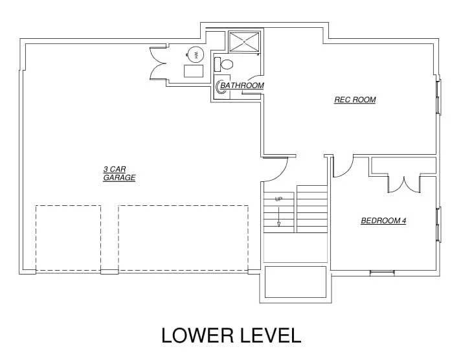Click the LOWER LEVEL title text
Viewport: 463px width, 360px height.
pos(231,335)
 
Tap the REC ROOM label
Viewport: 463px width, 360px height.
pos(355,100)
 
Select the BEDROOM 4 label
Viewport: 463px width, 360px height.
pos(383,221)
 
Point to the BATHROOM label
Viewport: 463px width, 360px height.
pos(242,85)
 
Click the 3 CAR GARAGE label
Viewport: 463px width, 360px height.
pos(119,174)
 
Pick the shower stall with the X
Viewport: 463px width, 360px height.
pos(244,42)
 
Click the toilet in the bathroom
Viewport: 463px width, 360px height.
pos(223,64)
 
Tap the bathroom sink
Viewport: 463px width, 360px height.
pos(221,86)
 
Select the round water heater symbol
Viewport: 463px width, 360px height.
pos(196,54)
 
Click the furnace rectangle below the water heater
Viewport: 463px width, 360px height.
pos(194,71)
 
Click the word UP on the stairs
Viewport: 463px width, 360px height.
pos(278,199)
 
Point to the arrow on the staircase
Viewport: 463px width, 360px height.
pos(278,217)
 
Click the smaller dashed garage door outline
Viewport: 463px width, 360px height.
pos(68,238)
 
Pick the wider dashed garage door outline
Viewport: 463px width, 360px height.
pos(183,238)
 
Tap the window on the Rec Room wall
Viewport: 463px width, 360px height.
pos(439,96)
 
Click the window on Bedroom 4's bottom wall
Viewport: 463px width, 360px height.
pos(383,273)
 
